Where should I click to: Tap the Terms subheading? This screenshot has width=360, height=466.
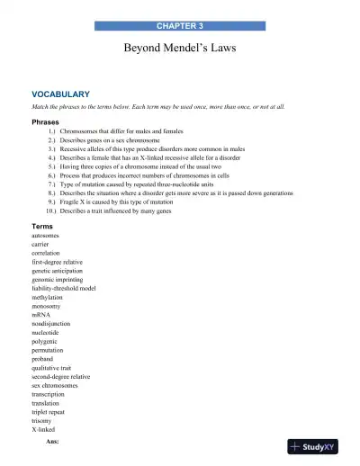click(42, 226)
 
